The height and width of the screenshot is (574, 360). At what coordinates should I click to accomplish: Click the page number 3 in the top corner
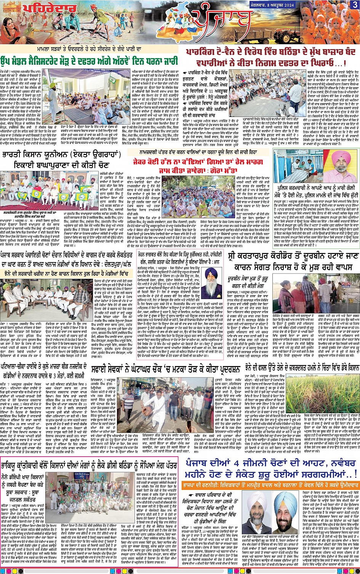(x=355, y=5)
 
